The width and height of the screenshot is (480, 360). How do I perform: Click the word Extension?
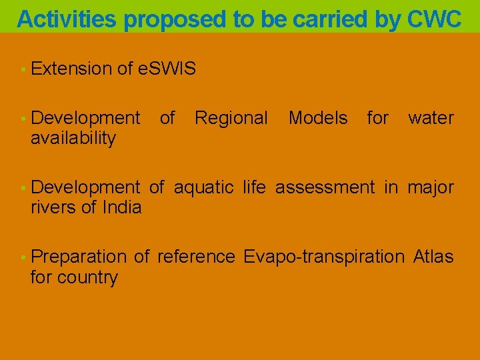(71, 69)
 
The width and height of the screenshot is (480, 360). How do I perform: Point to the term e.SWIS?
(166, 69)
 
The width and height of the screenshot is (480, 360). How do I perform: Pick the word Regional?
(231, 119)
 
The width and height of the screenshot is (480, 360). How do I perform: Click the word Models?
(318, 119)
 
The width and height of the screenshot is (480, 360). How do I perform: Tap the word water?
(431, 119)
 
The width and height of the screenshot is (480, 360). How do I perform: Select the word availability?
(73, 139)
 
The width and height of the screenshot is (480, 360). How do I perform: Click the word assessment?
(325, 187)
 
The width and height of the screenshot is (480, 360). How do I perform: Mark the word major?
(431, 187)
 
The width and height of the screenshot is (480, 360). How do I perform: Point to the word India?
(122, 207)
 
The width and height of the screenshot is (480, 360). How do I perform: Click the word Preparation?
(79, 257)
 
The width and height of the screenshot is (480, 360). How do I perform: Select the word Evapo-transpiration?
(324, 257)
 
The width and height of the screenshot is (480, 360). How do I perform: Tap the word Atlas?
(433, 257)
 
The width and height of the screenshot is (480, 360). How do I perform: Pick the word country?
(87, 277)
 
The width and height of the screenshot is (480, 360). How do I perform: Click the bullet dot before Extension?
(23, 69)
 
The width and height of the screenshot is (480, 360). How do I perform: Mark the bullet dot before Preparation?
(23, 257)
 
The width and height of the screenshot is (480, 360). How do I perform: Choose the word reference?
(196, 257)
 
